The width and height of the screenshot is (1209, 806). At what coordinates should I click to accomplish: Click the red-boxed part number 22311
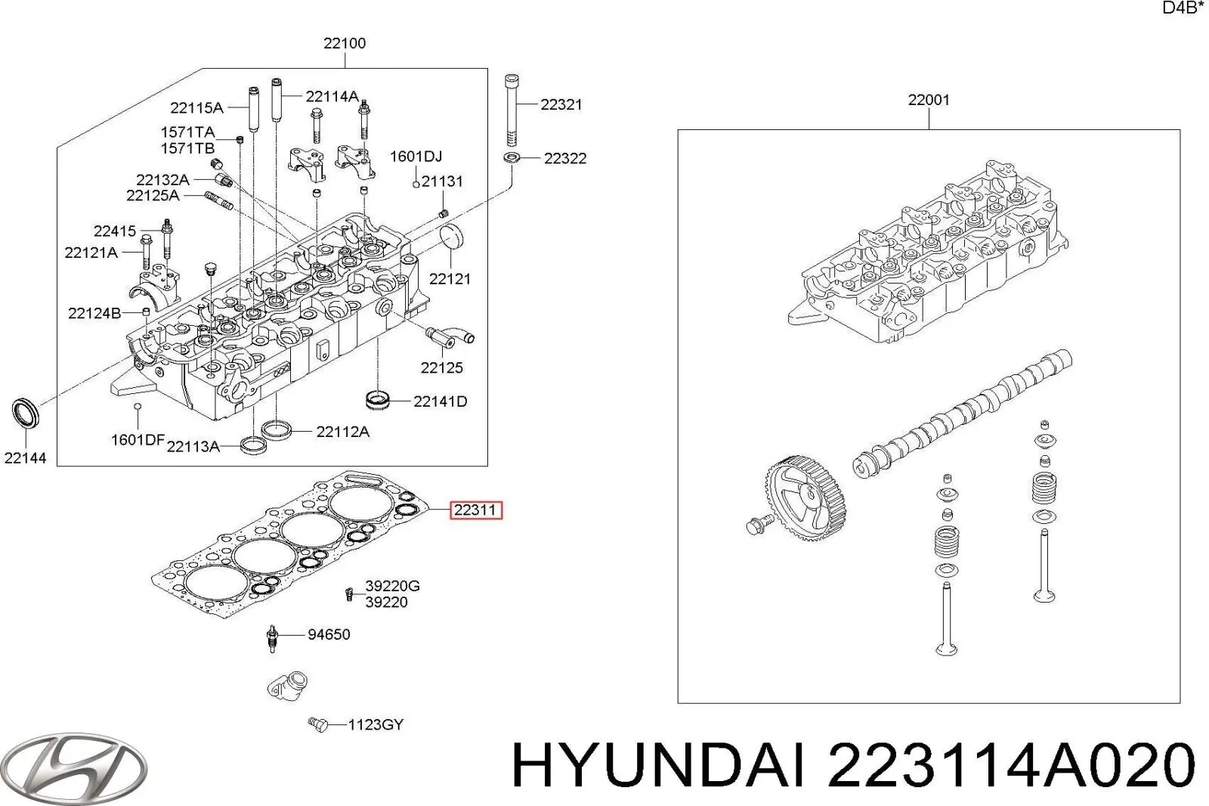tap(476, 510)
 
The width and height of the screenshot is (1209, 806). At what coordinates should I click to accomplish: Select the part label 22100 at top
tap(345, 43)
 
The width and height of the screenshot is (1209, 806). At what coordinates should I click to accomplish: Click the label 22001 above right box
tap(929, 100)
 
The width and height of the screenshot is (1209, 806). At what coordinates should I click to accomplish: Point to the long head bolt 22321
tap(512, 110)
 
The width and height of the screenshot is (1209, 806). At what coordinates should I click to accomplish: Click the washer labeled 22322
tap(512, 158)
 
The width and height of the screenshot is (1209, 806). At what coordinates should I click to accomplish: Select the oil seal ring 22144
tap(25, 413)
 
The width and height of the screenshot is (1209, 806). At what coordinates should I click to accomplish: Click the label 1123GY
tap(376, 725)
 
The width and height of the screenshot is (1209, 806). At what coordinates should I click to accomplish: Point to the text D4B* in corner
tap(1183, 8)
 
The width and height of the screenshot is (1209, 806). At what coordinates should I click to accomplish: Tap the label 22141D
tap(440, 401)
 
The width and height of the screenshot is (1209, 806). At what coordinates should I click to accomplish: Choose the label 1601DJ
tap(416, 157)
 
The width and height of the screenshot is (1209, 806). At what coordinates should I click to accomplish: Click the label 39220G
tap(392, 586)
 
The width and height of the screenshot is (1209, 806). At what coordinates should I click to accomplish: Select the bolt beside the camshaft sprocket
tap(759, 522)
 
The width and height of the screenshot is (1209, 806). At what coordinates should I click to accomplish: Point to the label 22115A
tap(196, 107)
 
